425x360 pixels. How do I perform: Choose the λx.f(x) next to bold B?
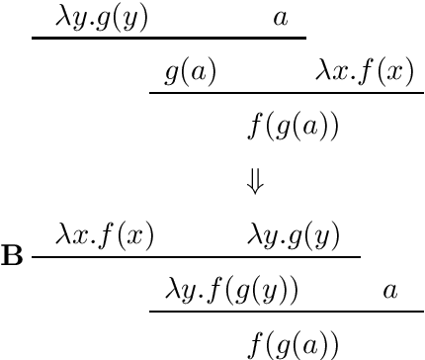pos(105,235)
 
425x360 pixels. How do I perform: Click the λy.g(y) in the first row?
pos(103,18)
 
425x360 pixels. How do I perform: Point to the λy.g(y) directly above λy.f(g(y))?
pos(294,235)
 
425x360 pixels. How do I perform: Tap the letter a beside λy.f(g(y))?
pos(389,290)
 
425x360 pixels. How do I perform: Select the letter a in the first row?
pos(280,18)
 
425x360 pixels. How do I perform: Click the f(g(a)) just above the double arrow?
pos(294,127)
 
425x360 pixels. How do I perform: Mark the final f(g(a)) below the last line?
pos(294,344)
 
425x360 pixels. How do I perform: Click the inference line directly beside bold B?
pos(196,257)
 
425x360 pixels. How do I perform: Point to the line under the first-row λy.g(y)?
pos(168,40)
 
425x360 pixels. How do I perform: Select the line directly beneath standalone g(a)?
pos(287,94)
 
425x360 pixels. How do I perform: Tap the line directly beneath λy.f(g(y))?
pos(287,312)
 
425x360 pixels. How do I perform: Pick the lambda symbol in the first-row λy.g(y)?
pos(64,17)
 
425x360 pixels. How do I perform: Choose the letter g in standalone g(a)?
pos(170,74)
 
